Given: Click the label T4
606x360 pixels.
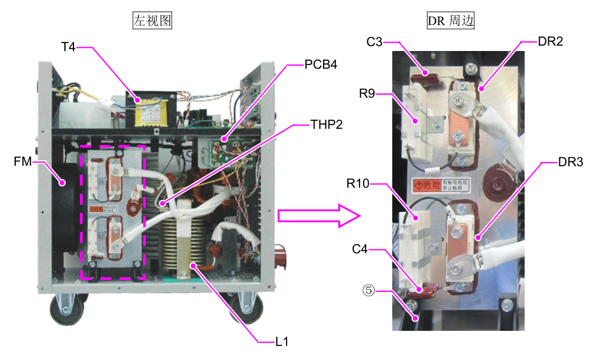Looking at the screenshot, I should pyautogui.click(x=68, y=47).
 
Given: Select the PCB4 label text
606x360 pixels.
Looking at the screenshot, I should pyautogui.click(x=320, y=65).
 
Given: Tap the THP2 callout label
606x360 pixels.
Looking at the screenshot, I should pyautogui.click(x=326, y=124).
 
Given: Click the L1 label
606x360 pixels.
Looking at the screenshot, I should pyautogui.click(x=281, y=342).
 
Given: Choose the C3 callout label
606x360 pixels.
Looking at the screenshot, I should pyautogui.click(x=374, y=42).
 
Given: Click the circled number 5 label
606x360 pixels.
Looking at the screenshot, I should pyautogui.click(x=367, y=291).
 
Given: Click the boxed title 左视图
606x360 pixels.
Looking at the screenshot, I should pyautogui.click(x=152, y=21).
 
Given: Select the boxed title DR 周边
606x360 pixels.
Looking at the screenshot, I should pyautogui.click(x=451, y=21).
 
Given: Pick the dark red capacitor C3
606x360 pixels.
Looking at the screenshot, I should pyautogui.click(x=427, y=76).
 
